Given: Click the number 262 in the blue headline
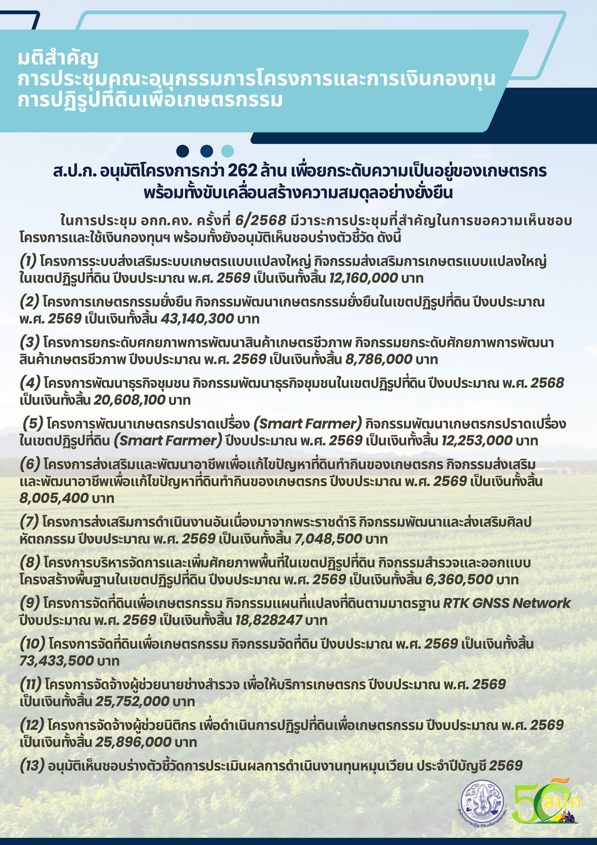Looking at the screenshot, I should pos(242,171).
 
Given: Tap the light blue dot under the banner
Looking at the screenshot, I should pos(228,151).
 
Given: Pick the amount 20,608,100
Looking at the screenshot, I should pos(129,400).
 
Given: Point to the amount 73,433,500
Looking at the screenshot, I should pos(57,661).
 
